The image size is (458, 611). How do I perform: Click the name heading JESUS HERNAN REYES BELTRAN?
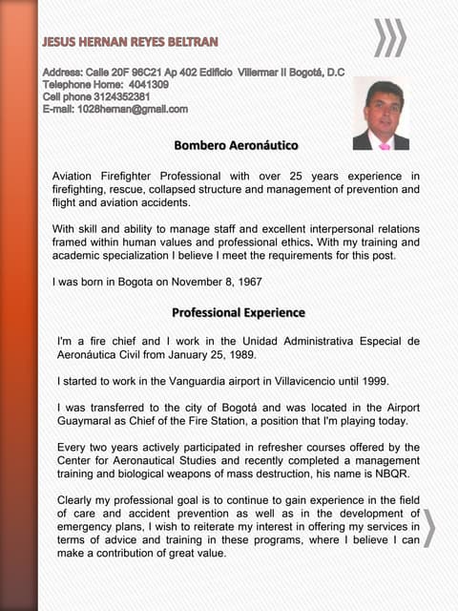131,41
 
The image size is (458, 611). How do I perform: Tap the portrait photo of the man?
381,114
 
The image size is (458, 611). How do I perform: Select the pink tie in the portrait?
385,144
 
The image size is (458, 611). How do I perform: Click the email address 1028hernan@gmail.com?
133,109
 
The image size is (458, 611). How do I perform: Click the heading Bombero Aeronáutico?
236,145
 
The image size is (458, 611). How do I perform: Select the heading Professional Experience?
238,312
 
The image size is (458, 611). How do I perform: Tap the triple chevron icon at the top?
389,38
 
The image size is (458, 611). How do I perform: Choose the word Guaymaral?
93,421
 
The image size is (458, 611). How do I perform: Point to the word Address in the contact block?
61,73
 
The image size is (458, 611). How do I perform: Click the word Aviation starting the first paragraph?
77,176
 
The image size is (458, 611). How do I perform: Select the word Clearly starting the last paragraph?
80,500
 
